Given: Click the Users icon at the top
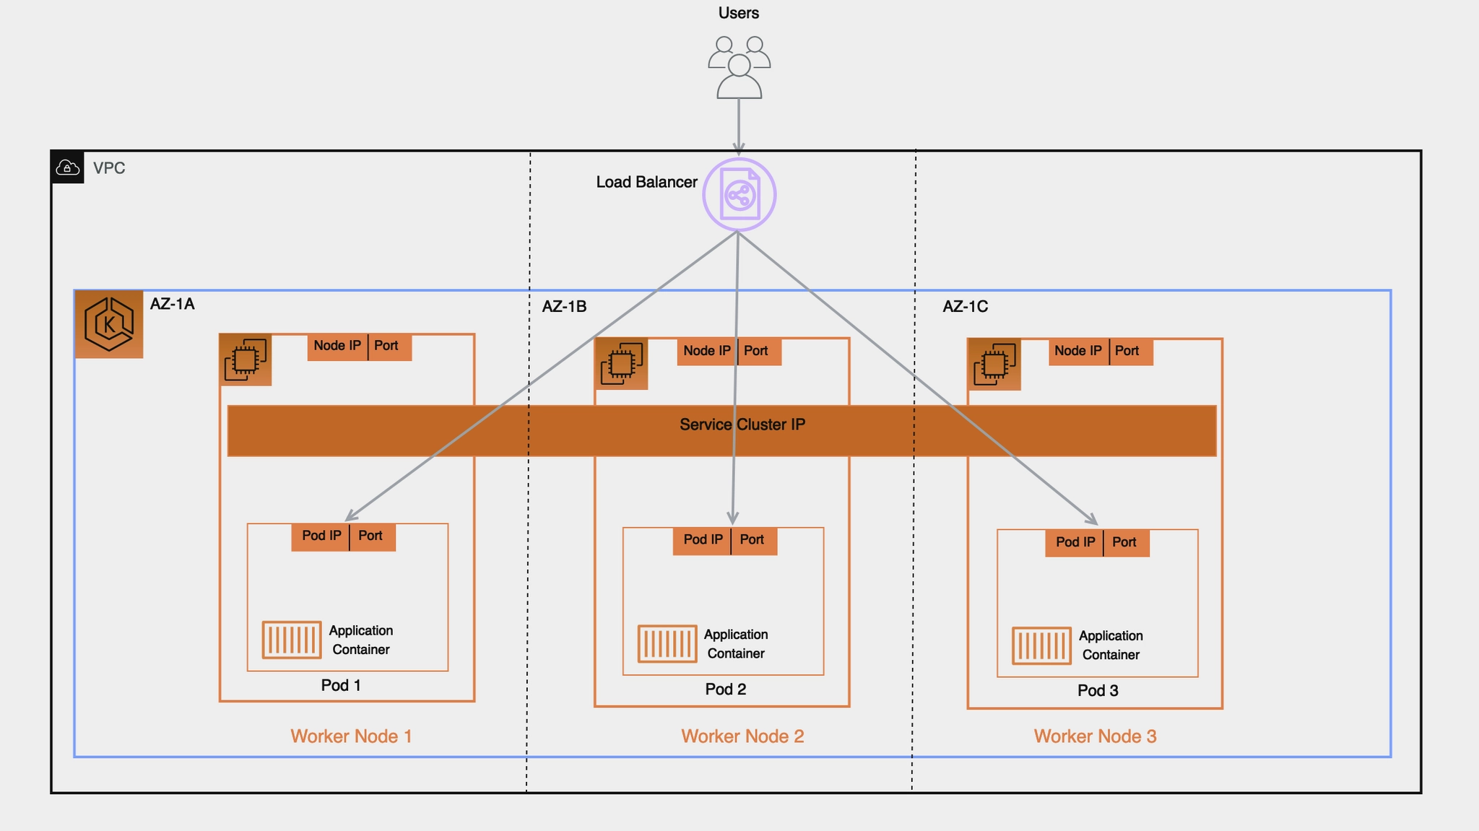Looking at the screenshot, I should [x=739, y=67].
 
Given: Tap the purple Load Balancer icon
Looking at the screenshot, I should [x=739, y=194].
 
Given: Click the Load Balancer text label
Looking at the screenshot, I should [x=646, y=182].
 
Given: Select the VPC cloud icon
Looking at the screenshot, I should [x=68, y=167].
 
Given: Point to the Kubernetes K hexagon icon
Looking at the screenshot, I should [x=109, y=324].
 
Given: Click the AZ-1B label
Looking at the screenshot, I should [x=564, y=306].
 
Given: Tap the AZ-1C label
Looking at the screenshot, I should [x=965, y=306].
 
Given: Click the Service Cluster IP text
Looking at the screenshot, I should [x=742, y=425].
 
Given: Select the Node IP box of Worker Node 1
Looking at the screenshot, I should [x=337, y=346].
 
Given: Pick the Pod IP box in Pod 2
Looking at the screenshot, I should [x=702, y=540].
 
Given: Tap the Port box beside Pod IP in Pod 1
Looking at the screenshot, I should [x=372, y=536].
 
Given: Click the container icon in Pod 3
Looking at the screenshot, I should [x=1041, y=645].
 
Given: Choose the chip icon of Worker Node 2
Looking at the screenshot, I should [x=621, y=363].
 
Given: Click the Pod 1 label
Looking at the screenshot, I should [x=341, y=685].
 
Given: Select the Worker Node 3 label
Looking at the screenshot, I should [x=1095, y=736].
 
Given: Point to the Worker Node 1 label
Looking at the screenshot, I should [x=351, y=736].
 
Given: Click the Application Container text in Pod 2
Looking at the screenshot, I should [x=735, y=644].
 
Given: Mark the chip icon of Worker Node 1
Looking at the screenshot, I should [x=246, y=360].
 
